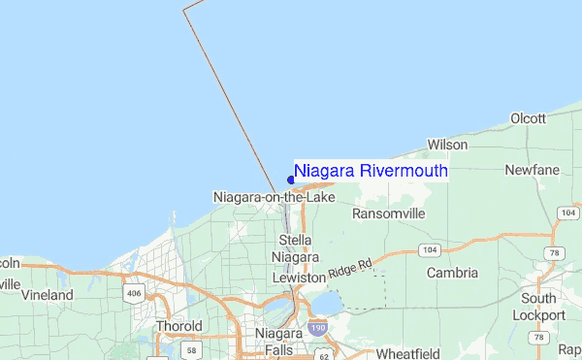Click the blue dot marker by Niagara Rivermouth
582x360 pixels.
[291, 180]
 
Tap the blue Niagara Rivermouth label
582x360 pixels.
[371, 172]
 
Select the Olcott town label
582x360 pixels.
[529, 118]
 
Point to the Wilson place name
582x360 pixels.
[447, 145]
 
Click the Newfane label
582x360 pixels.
[532, 171]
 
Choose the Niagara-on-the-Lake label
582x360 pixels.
[274, 198]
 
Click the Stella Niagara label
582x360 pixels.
[295, 248]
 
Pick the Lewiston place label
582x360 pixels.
[298, 278]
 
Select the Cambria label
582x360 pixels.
[453, 273]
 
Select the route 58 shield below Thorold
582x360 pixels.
[192, 350]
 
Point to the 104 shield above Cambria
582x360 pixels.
[430, 250]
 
